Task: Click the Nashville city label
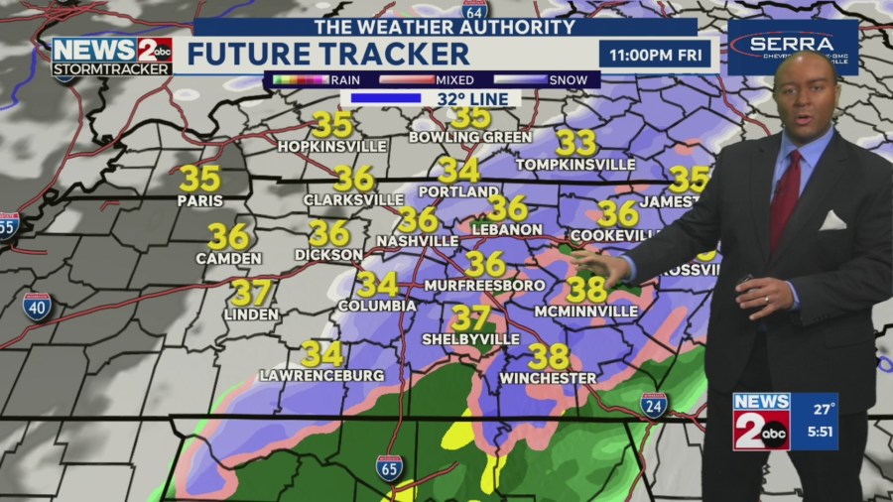[x=417, y=241]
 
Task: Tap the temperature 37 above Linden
[x=250, y=293]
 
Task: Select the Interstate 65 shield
[x=389, y=468]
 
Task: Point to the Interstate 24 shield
[x=653, y=405]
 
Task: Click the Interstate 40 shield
[x=36, y=305]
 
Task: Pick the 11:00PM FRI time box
[x=655, y=54]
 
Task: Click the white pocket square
[x=832, y=220]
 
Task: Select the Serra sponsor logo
[x=792, y=47]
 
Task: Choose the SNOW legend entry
[x=567, y=80]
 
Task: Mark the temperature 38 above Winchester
[x=548, y=356]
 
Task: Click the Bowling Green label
[x=470, y=137]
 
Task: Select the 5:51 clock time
[x=819, y=434]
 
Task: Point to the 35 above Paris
[x=199, y=179]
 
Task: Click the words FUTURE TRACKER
[x=327, y=54]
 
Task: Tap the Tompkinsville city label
[x=576, y=164]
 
